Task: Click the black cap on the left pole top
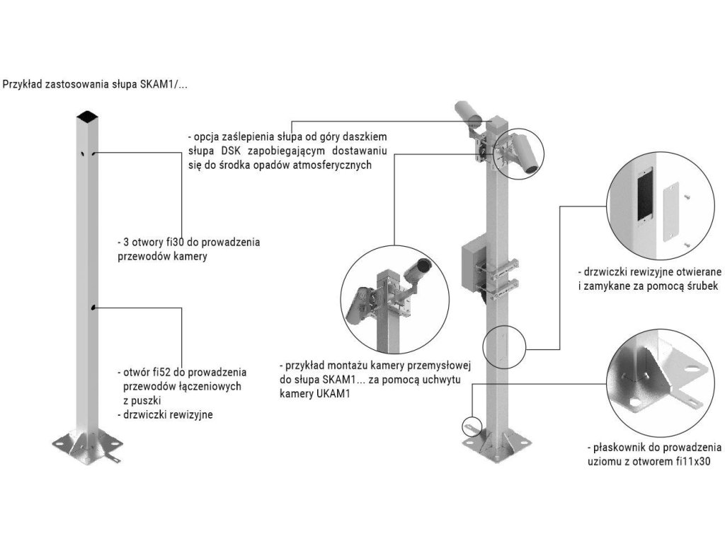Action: coord(87,115)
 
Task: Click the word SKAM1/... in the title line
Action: coord(164,84)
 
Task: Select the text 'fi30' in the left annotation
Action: coord(173,242)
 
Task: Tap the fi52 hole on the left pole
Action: coord(93,308)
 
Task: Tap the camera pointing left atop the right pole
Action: coord(467,112)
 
